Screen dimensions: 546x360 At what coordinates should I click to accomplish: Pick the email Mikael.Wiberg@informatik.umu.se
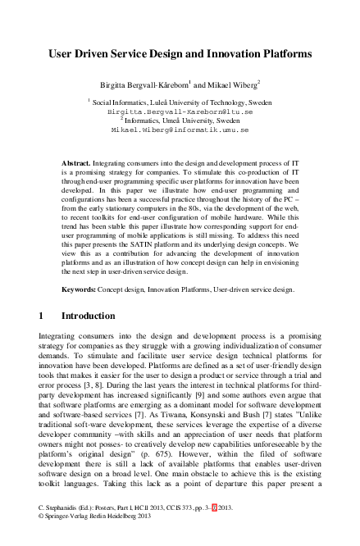pos(180,130)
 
